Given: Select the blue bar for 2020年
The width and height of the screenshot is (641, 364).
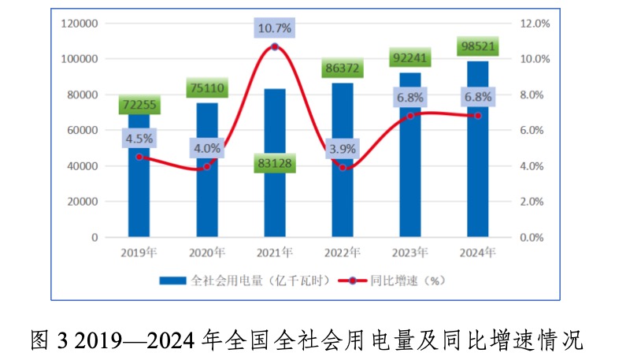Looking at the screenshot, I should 207,173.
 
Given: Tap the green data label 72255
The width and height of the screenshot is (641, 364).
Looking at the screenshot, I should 139,105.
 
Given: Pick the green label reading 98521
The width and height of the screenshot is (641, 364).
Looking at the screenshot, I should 478,46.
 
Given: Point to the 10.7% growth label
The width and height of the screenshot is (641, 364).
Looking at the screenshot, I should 274,28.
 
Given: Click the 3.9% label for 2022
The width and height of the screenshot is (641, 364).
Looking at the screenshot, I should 342,147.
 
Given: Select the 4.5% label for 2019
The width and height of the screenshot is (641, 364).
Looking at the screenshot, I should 139,138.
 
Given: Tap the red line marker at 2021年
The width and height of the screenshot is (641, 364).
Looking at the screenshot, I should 275,47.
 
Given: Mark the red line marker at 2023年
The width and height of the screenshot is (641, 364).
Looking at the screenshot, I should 410,116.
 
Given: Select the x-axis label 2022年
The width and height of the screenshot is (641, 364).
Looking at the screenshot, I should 342,253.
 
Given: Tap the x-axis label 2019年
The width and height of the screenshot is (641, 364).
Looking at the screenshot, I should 139,253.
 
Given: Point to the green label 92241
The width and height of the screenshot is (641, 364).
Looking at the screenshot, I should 410,58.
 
